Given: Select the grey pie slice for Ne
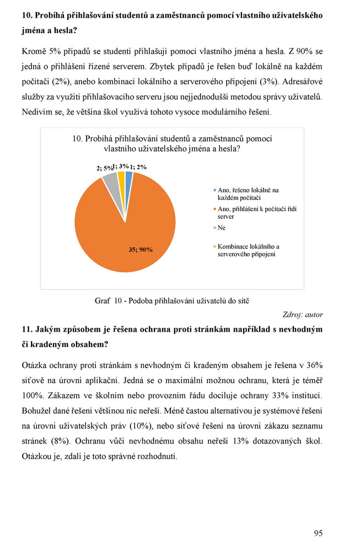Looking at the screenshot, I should tap(111, 179).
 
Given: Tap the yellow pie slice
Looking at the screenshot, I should tap(121, 176).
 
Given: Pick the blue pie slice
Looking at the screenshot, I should tap(128, 176).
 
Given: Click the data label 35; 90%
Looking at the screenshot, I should tap(141, 250).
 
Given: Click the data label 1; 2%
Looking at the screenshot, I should tap(138, 166).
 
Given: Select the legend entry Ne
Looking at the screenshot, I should tap(222, 227).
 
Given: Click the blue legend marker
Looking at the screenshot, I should tap(214, 190).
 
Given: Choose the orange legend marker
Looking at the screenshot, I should tap(214, 209).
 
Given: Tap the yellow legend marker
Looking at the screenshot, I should tap(214, 246).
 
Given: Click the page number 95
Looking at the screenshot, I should tap(318, 533).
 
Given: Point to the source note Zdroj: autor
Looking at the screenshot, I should tap(302, 315).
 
